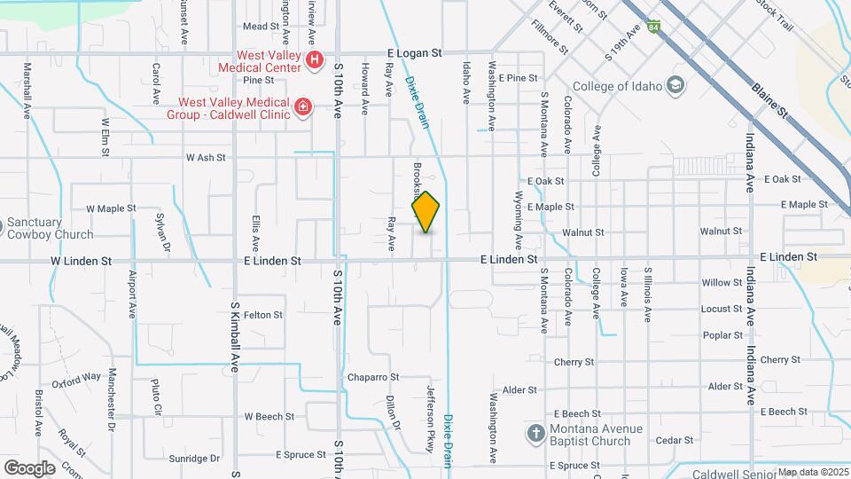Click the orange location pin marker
point(425,212)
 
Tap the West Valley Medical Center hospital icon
point(314,60)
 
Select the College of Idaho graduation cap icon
point(675,86)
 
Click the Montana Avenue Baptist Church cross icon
point(535,434)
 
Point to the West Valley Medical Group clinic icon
point(303,107)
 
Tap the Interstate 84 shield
point(653,27)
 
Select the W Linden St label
point(81,261)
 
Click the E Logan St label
point(414,53)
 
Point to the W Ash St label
point(206,157)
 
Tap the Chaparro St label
point(373,377)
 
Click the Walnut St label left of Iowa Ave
point(582,232)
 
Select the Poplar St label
point(722,335)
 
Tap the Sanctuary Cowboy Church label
point(50,229)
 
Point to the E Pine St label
point(518,78)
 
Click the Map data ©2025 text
point(809,472)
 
